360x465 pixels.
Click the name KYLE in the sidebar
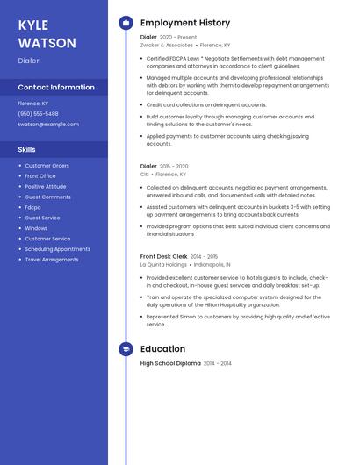[x=33, y=25]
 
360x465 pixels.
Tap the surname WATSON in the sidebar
[x=47, y=43]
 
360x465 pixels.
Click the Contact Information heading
[x=56, y=87]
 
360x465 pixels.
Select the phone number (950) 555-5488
[x=38, y=114]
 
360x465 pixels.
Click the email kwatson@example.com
[x=48, y=125]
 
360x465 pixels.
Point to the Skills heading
[x=26, y=150]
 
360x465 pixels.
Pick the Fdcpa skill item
[x=32, y=207]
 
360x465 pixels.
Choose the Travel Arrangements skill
[x=51, y=260]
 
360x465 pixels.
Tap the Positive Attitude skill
[x=45, y=186]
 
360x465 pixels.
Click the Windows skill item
[x=36, y=228]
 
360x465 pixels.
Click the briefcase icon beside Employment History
[x=126, y=23]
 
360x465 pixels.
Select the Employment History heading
[x=185, y=23]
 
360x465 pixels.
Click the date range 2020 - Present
[x=178, y=38]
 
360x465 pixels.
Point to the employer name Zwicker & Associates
[x=166, y=45]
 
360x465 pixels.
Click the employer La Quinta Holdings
[x=163, y=264]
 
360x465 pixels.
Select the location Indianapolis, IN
[x=212, y=264]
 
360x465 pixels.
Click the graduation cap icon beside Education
[x=126, y=349]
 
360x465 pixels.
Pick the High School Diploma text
[x=170, y=363]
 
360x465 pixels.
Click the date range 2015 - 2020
[x=174, y=166]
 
